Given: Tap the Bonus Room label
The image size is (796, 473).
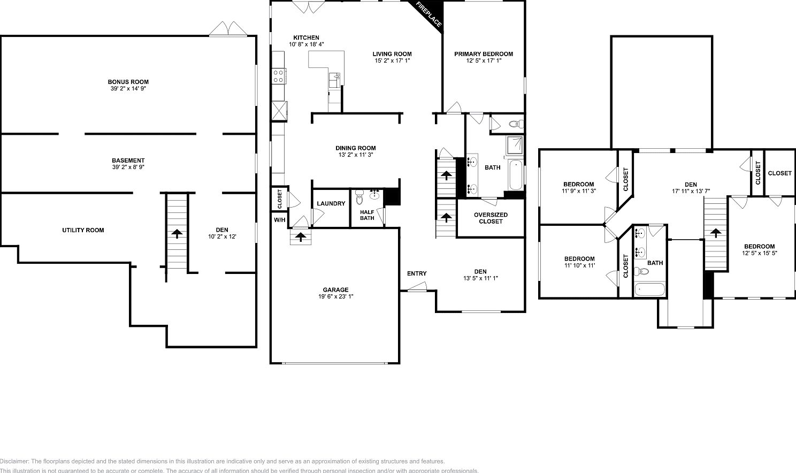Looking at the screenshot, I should (x=128, y=82).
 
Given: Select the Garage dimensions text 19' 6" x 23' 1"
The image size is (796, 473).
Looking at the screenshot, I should (x=335, y=296).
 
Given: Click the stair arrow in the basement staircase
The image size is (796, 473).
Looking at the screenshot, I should (x=176, y=233).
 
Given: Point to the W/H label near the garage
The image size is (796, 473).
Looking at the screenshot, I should (x=279, y=220).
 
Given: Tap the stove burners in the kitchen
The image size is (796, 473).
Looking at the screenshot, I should (x=278, y=76).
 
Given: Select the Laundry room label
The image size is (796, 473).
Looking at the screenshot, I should (x=331, y=203).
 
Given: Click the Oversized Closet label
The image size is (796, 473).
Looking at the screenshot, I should (x=491, y=218).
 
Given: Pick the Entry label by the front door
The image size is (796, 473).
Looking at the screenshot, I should (x=417, y=273).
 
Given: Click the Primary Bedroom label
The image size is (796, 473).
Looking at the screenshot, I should (x=484, y=54).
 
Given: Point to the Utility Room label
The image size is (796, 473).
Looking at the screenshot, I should (x=83, y=230).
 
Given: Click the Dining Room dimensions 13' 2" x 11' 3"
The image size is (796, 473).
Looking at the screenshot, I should (x=356, y=155).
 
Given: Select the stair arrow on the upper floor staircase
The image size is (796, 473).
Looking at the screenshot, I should (x=714, y=232).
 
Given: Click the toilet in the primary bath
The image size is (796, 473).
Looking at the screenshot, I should (x=514, y=124).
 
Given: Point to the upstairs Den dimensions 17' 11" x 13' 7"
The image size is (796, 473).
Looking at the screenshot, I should (x=691, y=191).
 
